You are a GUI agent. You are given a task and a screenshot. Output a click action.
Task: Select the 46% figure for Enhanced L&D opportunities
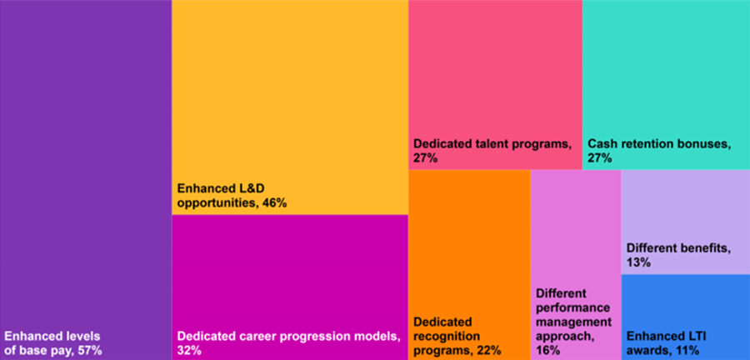coord(273,202)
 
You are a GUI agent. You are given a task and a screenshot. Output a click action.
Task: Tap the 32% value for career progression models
coord(190,351)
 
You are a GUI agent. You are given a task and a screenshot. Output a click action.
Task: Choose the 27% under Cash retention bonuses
coord(600,157)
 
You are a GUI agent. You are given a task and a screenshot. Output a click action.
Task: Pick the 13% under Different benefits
coord(637,262)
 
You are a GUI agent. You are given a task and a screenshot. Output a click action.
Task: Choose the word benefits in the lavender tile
coord(704,248)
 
